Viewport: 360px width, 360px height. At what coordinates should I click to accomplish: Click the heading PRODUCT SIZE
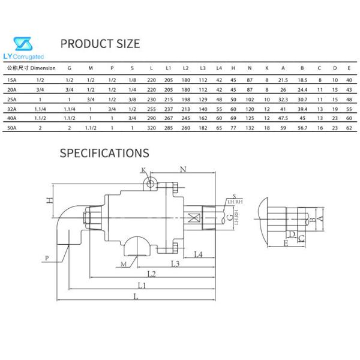(x=101, y=44)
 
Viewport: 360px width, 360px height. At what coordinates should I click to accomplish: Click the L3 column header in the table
(x=203, y=68)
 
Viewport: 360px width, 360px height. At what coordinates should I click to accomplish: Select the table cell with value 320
(x=151, y=129)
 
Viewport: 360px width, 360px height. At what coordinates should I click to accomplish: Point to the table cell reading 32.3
(x=284, y=98)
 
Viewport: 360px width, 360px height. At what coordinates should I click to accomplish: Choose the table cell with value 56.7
(x=303, y=129)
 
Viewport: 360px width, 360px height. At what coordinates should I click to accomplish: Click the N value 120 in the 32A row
(x=250, y=109)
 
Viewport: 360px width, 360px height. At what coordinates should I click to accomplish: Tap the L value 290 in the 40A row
(x=151, y=119)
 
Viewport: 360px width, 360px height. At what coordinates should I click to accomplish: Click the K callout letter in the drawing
(x=143, y=170)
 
